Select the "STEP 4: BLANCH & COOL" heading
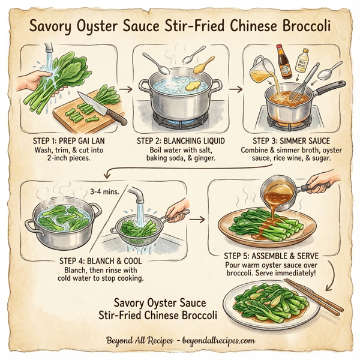[98, 261]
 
